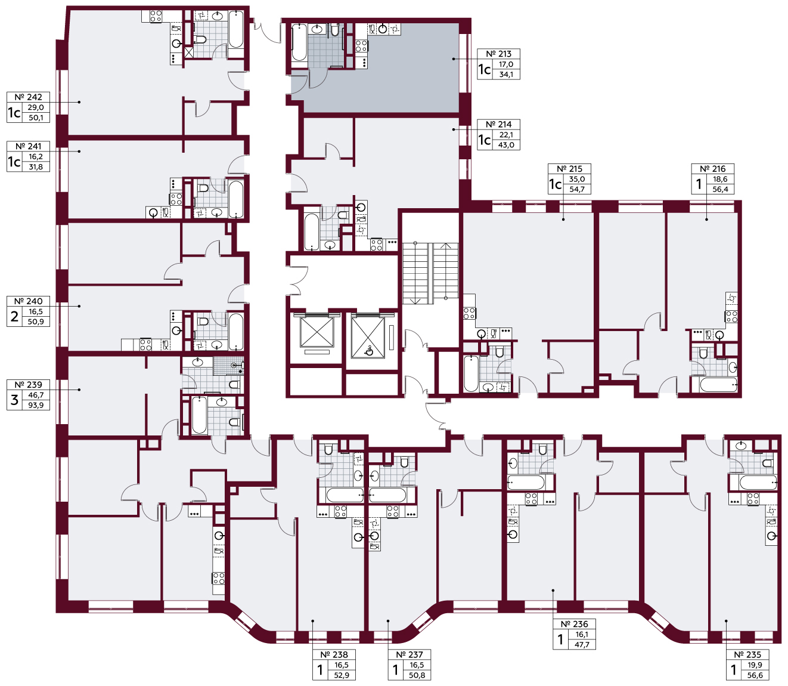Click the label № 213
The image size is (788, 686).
pyautogui.click(x=498, y=54)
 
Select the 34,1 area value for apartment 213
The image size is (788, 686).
pyautogui.click(x=506, y=75)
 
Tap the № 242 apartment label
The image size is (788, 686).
pyautogui.click(x=28, y=97)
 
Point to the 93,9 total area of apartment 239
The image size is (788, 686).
pyautogui.click(x=36, y=405)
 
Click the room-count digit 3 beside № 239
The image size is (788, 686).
pyautogui.click(x=14, y=400)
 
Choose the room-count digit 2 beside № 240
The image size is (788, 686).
pyautogui.click(x=14, y=316)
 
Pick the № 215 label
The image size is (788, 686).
pyautogui.click(x=569, y=169)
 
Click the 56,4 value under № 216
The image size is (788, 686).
pyautogui.click(x=720, y=189)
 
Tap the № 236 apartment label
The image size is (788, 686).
pyautogui.click(x=574, y=624)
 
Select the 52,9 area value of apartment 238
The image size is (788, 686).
pyautogui.click(x=342, y=675)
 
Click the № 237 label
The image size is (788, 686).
pyautogui.click(x=409, y=654)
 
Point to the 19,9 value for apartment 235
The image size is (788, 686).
pyautogui.click(x=755, y=665)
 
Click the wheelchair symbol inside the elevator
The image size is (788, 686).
pyautogui.click(x=368, y=350)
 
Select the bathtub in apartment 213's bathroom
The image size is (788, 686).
pyautogui.click(x=299, y=43)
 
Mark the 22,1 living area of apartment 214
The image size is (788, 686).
pyautogui.click(x=505, y=134)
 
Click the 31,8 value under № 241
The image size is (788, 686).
pyautogui.click(x=36, y=167)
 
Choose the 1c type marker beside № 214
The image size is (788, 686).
pyautogui.click(x=485, y=140)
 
